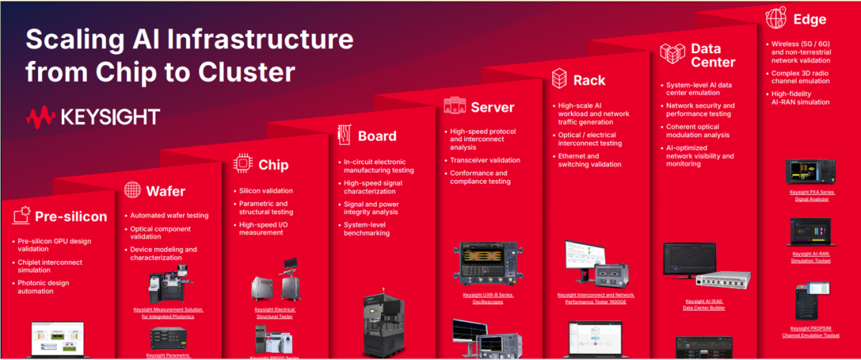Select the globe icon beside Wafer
coord(132,190)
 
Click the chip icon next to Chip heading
coord(243,164)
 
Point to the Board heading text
coord(377,136)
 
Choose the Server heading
coord(492,108)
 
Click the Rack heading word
coord(589,80)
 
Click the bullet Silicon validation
coord(265,191)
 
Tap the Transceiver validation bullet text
coord(484,160)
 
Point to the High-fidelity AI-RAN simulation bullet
coord(800,98)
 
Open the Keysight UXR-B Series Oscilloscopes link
coord(488,298)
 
